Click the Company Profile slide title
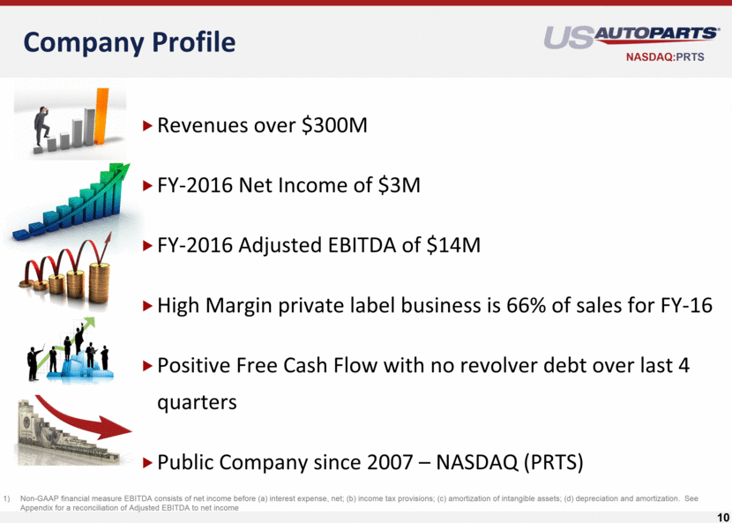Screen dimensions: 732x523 pos(130,42)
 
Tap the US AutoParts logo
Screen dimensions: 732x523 pos(631,37)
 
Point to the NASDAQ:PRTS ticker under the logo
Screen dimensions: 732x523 pos(665,57)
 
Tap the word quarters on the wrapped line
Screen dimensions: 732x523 pos(197,402)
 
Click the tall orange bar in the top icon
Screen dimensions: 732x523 pos(101,116)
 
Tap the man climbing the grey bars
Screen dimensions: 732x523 pos(41,126)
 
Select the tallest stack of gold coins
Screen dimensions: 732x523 pos(99,283)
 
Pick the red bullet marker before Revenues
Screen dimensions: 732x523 pos(148,125)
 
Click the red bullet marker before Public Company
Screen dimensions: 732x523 pos(148,462)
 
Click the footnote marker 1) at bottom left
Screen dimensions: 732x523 pos(6,498)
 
